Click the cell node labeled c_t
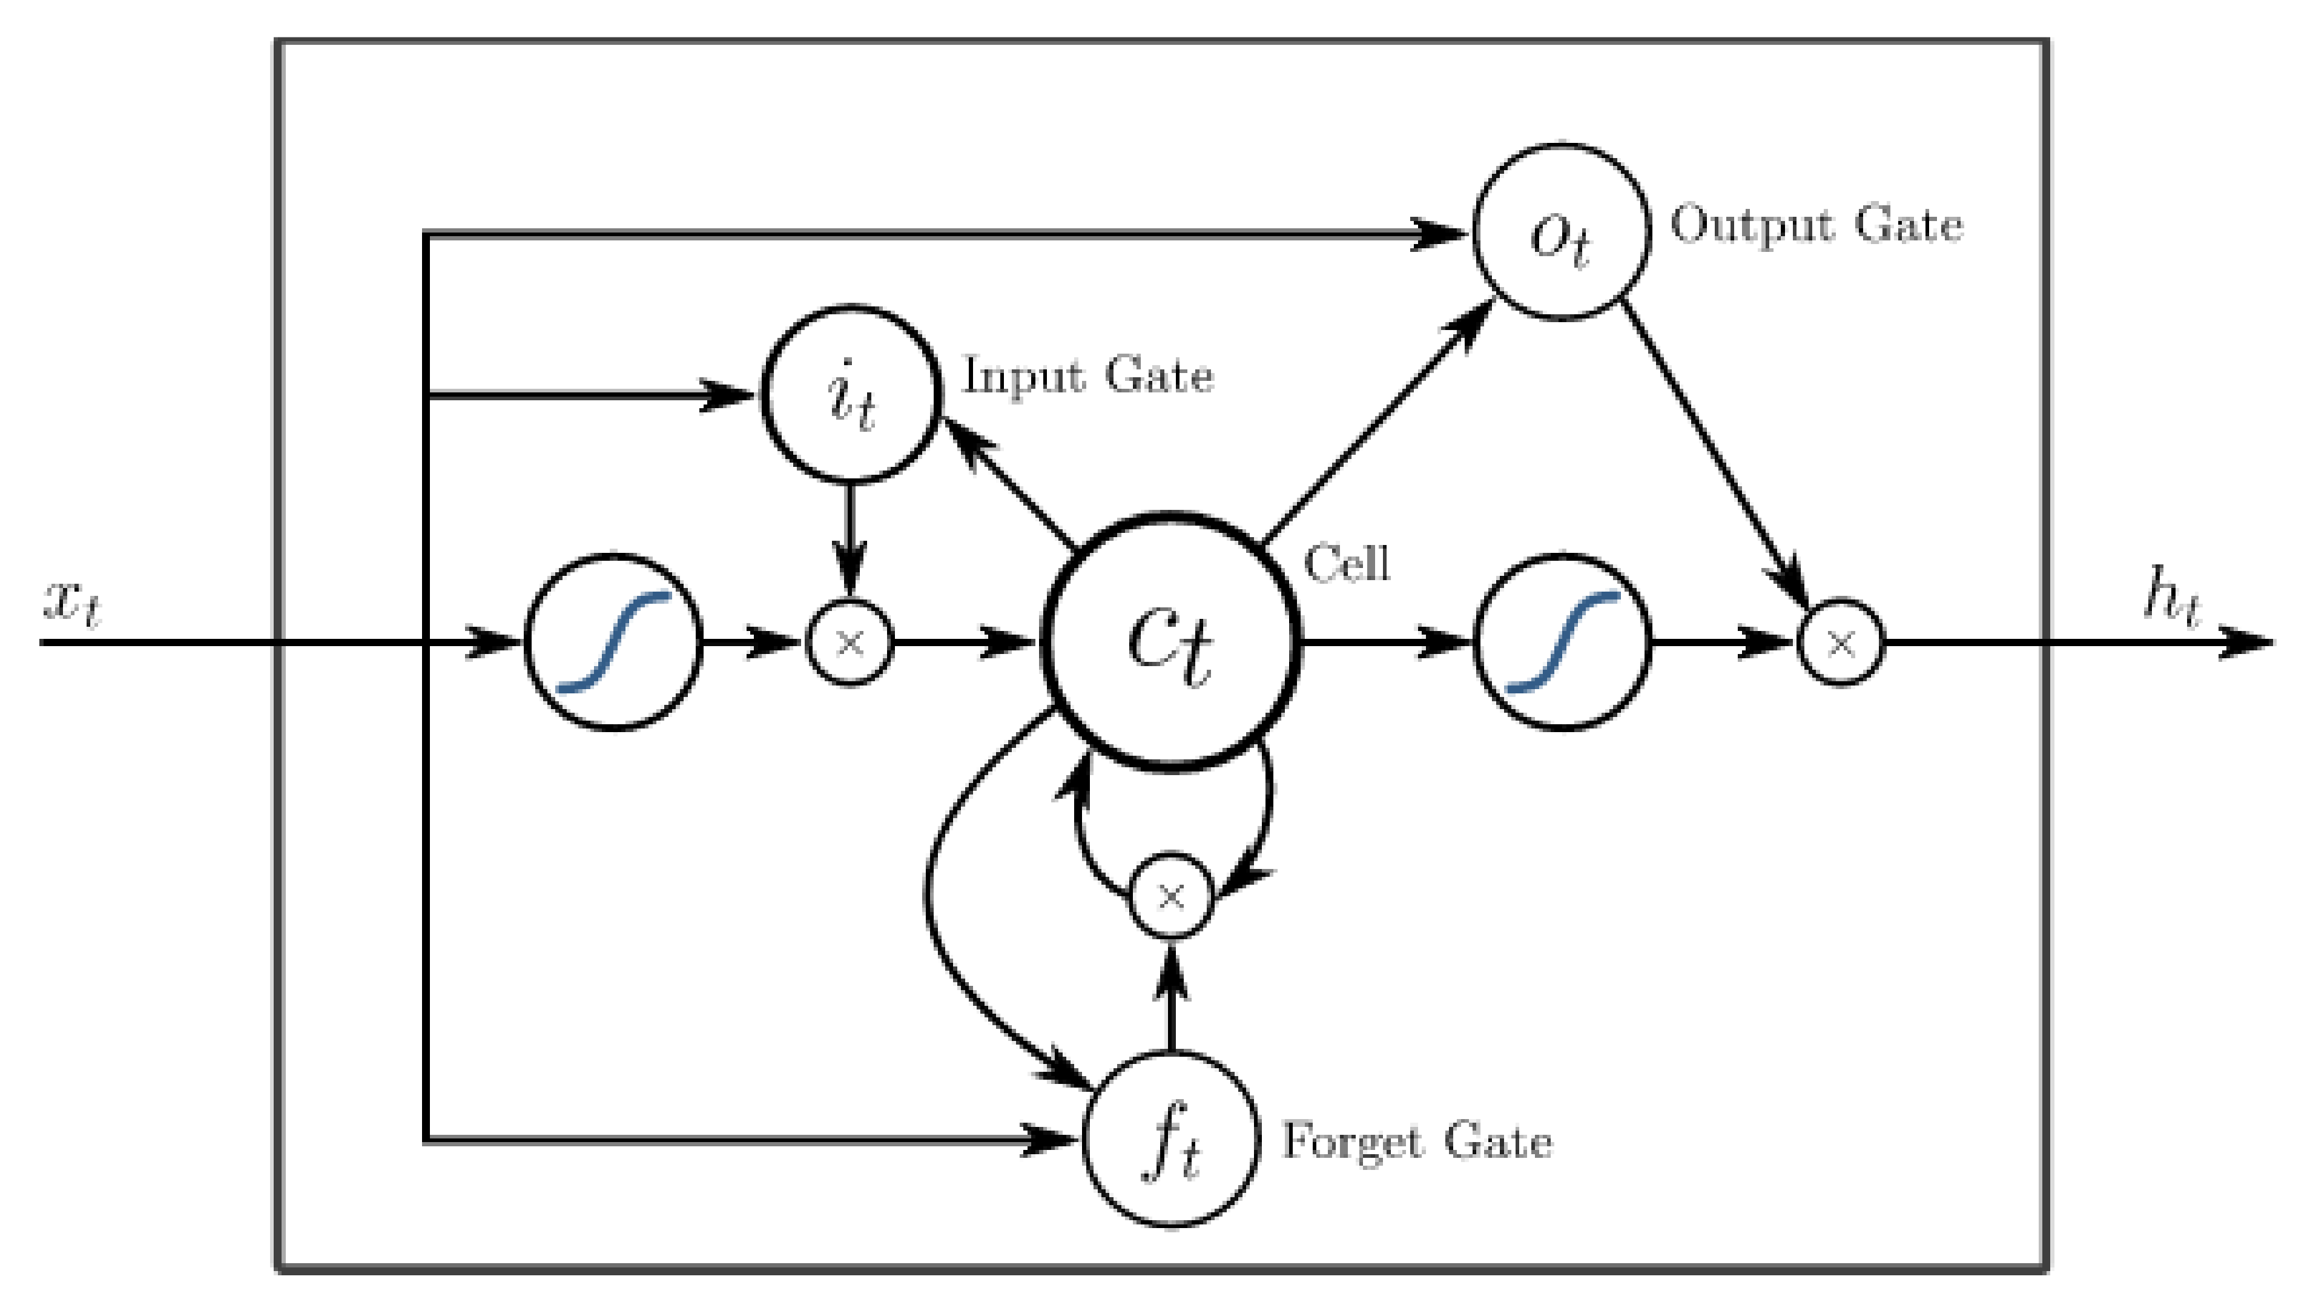1170,641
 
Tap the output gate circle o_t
1561,232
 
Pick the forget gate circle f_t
1170,1139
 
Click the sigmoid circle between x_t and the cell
613,641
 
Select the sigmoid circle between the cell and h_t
1563,641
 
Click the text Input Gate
1087,375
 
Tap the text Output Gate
1815,225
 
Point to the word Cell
1345,564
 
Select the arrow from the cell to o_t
1374,422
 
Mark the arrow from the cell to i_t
1011,485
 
